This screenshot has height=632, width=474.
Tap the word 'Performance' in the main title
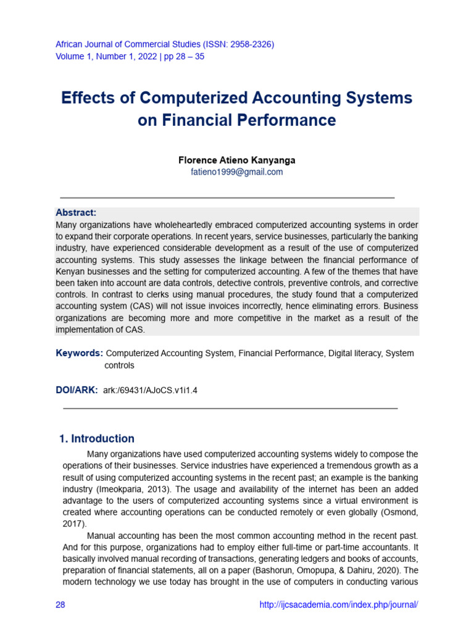[287, 120]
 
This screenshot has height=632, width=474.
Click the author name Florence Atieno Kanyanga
[236, 160]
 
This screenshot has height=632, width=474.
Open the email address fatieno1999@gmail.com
[236, 172]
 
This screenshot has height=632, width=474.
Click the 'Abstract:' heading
[76, 212]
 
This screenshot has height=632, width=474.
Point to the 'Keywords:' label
[79, 353]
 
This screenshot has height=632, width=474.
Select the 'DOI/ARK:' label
[77, 390]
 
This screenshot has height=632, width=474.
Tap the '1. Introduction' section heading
[97, 439]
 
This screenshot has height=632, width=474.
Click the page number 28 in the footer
[60, 605]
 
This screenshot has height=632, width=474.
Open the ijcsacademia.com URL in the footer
[339, 605]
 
